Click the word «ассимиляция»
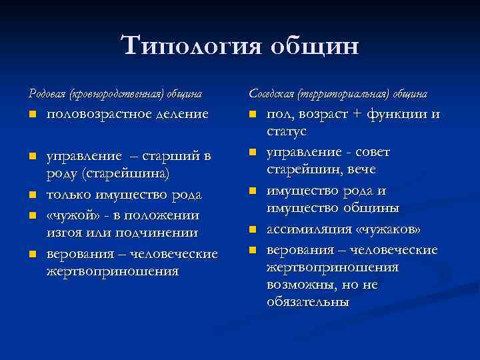(307, 230)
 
